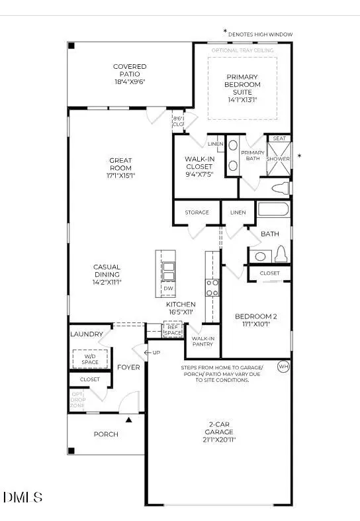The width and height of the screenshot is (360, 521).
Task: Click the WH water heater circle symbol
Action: pyautogui.click(x=283, y=366)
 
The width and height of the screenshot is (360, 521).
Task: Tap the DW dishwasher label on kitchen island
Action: pyautogui.click(x=167, y=289)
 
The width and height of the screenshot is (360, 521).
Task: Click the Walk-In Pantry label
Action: pyautogui.click(x=202, y=341)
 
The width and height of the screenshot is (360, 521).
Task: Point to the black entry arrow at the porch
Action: pyautogui.click(x=130, y=419)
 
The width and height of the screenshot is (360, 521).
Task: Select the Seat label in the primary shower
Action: pyautogui.click(x=279, y=138)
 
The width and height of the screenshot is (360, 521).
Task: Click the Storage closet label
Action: pyautogui.click(x=197, y=213)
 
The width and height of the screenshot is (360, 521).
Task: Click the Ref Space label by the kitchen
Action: pyautogui.click(x=173, y=329)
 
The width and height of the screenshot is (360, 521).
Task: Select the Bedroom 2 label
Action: pyautogui.click(x=256, y=320)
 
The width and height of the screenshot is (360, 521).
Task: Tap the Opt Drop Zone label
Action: pyautogui.click(x=78, y=400)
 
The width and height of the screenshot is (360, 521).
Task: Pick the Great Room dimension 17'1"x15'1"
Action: pyautogui.click(x=121, y=176)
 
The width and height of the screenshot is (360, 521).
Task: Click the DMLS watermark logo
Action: pyautogui.click(x=23, y=497)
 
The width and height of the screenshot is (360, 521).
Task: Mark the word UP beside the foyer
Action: pyautogui.click(x=156, y=352)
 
